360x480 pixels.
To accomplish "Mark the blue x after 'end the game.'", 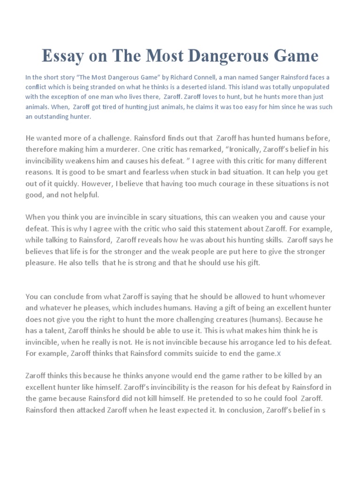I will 278,353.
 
